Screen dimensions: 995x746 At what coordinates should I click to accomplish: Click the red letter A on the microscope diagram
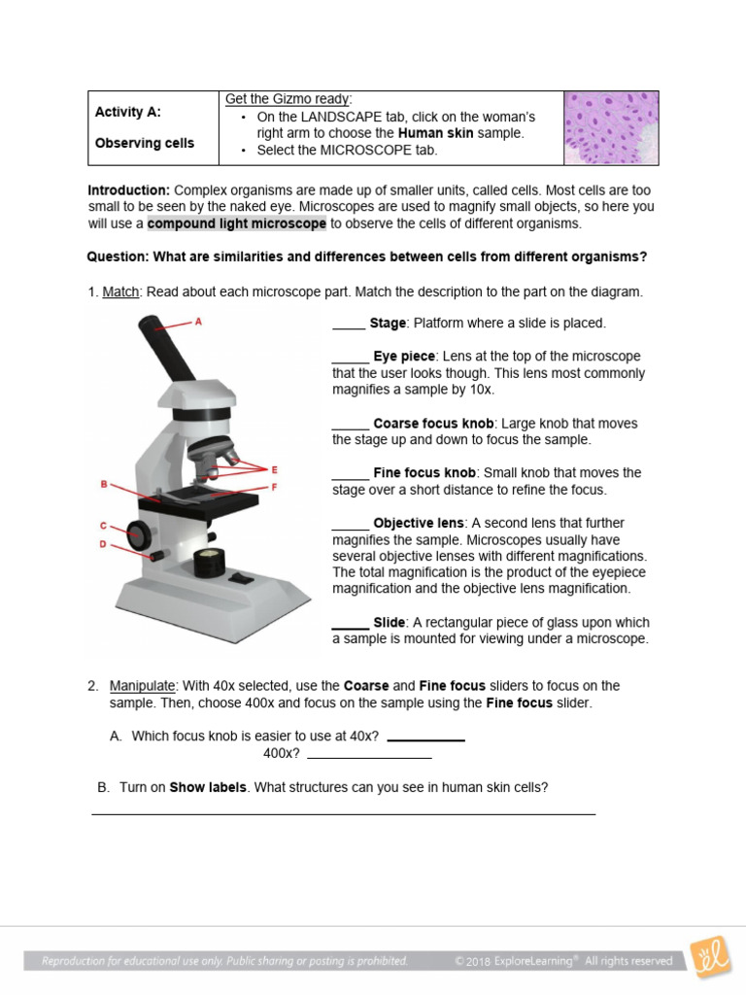[x=199, y=321]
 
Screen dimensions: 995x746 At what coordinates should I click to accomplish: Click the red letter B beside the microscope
[x=104, y=484]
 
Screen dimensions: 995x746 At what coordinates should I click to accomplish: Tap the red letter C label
[x=103, y=526]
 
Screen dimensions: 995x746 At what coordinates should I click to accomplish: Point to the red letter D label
[x=103, y=544]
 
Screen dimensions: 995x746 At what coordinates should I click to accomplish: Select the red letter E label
[x=275, y=469]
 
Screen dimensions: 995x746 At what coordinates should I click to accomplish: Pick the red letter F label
[x=275, y=486]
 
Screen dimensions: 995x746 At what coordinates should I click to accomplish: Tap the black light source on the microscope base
[x=208, y=563]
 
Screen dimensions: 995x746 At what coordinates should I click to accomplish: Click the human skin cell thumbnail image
[x=611, y=127]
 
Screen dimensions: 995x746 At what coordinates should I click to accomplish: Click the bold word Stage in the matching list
[x=388, y=324]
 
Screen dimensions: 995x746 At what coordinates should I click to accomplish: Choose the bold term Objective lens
[x=417, y=523]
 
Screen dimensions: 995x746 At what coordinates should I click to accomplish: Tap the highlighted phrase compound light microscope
[x=237, y=223]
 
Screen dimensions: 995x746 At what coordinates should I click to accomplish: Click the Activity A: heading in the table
[x=128, y=112]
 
